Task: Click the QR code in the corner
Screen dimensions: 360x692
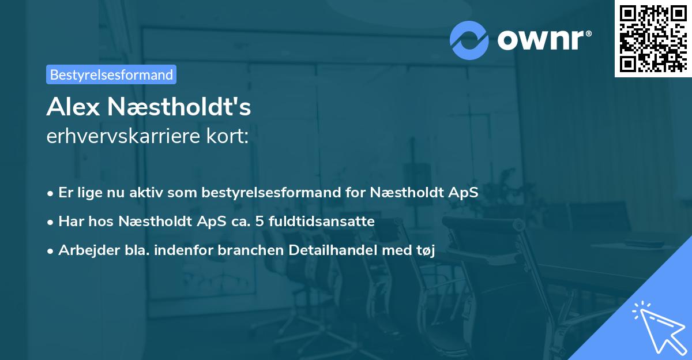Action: click(652, 38)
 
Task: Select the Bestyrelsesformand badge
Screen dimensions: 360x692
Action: click(111, 74)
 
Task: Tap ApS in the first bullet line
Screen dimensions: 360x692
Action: click(464, 193)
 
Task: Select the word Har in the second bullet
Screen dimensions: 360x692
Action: click(70, 222)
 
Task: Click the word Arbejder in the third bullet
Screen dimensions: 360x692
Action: click(86, 250)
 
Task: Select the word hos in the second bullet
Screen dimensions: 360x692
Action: click(97, 222)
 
